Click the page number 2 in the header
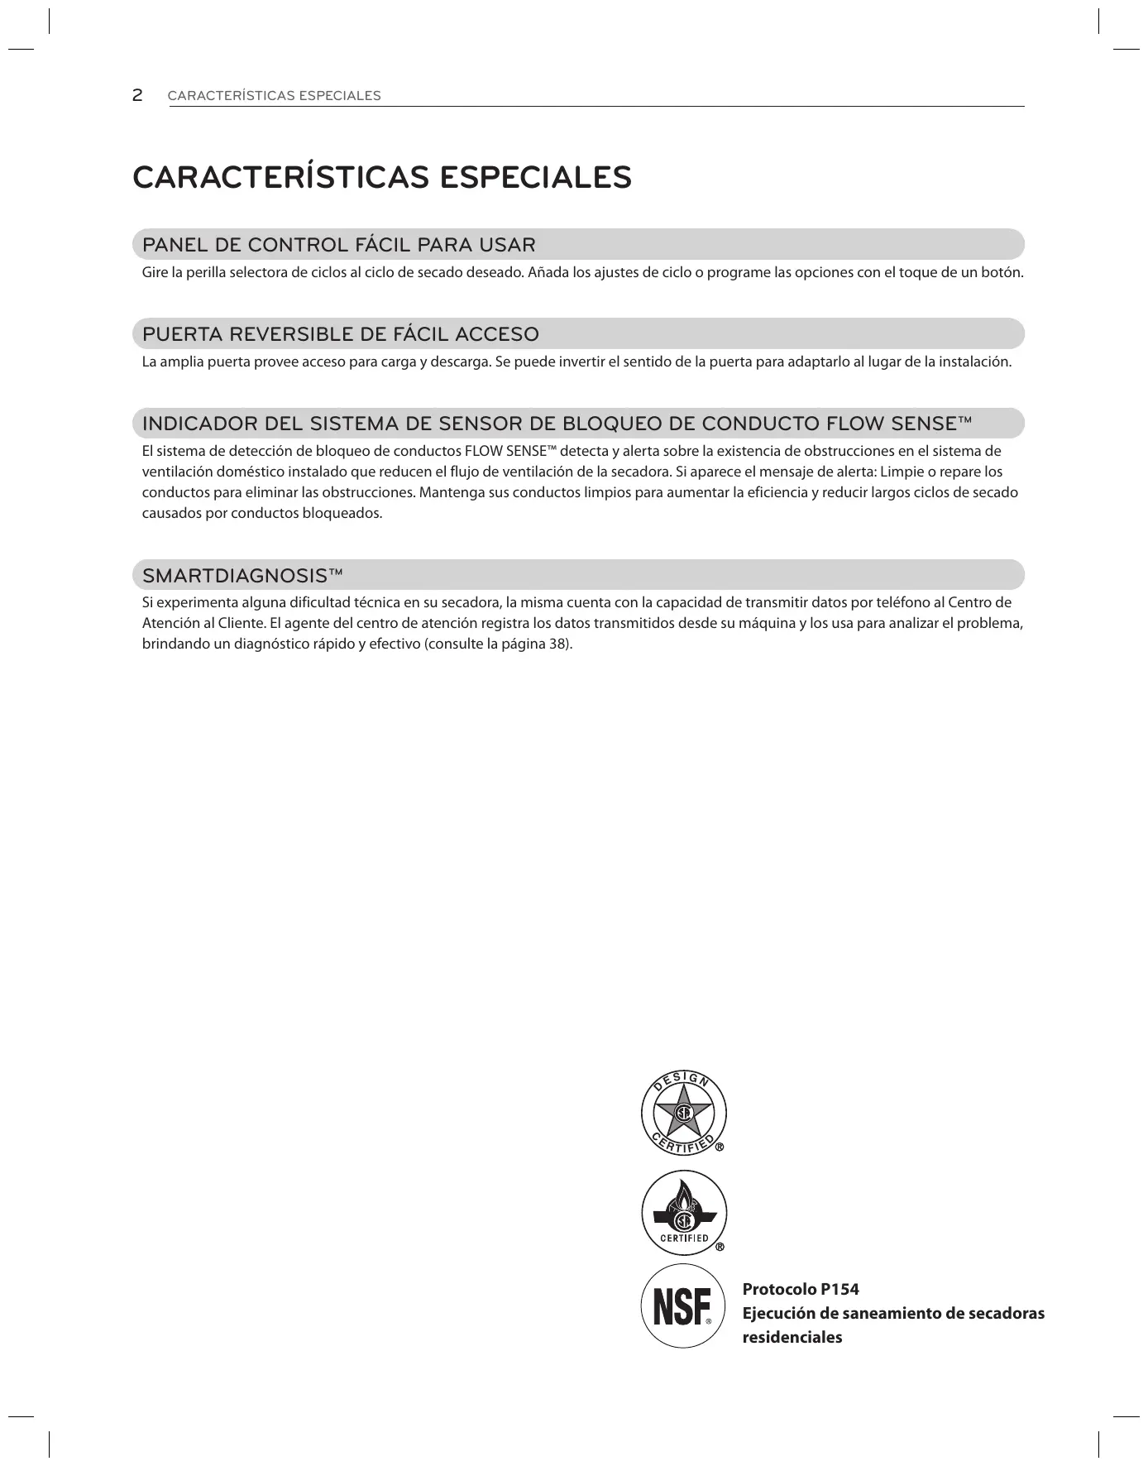(137, 95)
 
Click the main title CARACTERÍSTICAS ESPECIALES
(381, 178)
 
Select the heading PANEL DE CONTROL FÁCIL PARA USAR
(339, 245)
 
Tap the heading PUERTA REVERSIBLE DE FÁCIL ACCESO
(341, 334)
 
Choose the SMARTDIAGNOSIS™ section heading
(242, 575)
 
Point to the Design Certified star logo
(683, 1114)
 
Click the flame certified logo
(683, 1212)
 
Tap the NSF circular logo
(683, 1306)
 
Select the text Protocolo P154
(801, 1289)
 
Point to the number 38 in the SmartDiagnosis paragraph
(557, 644)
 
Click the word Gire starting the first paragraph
(155, 272)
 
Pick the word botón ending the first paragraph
(1003, 272)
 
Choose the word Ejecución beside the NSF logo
(777, 1313)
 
